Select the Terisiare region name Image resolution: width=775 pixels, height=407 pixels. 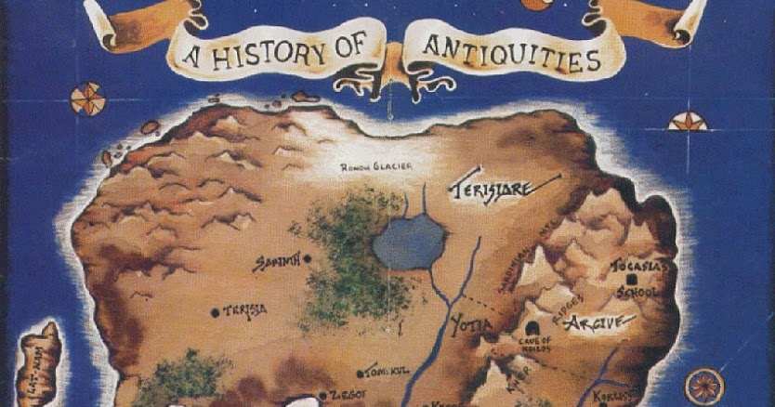click(492, 190)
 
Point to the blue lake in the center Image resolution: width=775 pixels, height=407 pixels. click(409, 242)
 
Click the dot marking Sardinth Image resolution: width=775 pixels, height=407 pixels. click(307, 259)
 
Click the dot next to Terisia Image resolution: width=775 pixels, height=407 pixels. click(215, 312)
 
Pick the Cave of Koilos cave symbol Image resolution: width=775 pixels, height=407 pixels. click(532, 328)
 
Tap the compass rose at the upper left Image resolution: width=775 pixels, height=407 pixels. click(88, 98)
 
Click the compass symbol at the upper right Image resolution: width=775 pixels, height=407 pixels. click(687, 122)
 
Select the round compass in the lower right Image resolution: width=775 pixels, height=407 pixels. click(703, 385)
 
